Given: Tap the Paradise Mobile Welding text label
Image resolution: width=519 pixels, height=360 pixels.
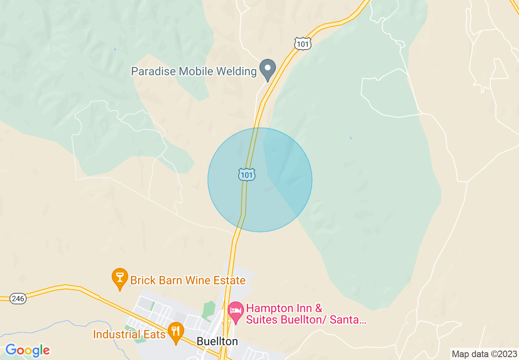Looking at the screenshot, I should [x=194, y=72].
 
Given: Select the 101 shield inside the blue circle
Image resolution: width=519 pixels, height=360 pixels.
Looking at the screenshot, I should [x=247, y=175].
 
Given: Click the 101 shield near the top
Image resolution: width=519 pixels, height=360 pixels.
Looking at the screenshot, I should [x=303, y=43].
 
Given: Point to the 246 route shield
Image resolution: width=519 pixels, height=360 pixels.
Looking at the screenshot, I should [x=18, y=299].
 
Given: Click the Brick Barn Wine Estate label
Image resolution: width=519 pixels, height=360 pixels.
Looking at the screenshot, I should [x=188, y=280].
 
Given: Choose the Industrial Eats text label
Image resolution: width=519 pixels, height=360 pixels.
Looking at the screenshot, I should [x=129, y=334].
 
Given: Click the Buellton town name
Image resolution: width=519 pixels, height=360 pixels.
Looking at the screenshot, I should [x=217, y=341].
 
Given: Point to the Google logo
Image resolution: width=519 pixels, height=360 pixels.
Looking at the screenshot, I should [x=27, y=350].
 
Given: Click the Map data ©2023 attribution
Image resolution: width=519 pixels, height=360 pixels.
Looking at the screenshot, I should [x=483, y=354].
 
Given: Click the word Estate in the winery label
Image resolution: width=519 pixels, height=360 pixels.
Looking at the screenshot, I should [x=229, y=280].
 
